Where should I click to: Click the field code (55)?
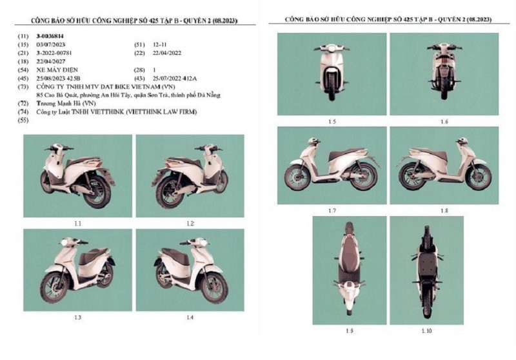coord(25,121)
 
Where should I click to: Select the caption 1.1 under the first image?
coord(77,223)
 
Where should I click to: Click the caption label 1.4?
coord(190,317)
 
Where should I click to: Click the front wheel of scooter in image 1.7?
coord(298,176)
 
